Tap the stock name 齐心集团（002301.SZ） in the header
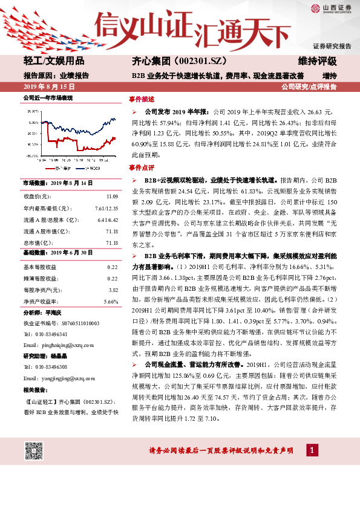point(171,61)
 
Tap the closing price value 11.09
point(112,196)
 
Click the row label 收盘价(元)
point(37,196)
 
